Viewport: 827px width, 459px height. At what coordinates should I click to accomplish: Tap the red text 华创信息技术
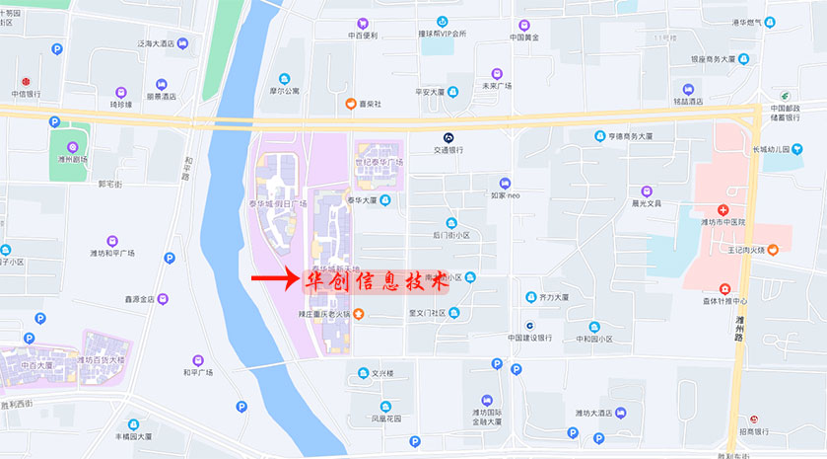click(x=374, y=280)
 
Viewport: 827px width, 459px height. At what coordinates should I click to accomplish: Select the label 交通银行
click(x=448, y=150)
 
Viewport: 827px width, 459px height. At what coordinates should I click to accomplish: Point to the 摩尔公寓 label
click(x=284, y=90)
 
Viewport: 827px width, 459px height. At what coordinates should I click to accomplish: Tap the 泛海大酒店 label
click(x=156, y=43)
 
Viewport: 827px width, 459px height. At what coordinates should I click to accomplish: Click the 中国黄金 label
click(x=523, y=37)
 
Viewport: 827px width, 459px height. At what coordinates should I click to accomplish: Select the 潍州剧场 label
click(x=69, y=158)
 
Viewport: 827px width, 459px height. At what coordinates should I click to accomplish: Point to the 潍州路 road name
click(x=740, y=326)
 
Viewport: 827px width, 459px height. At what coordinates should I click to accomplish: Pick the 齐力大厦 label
click(x=554, y=296)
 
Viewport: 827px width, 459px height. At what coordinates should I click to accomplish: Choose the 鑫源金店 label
click(x=140, y=298)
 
